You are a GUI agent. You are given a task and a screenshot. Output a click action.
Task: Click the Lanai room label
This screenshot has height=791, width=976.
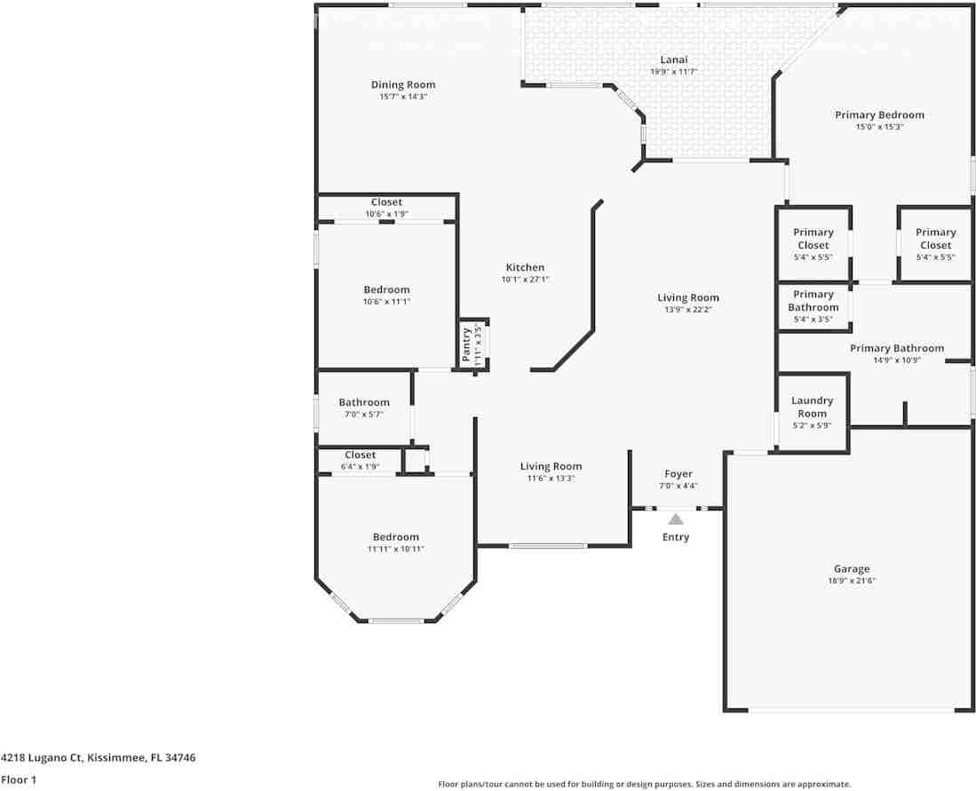coord(674,59)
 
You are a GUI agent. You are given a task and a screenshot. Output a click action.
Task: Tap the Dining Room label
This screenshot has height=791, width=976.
coord(403,85)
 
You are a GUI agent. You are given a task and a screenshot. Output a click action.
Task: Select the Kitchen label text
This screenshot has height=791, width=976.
coord(525,267)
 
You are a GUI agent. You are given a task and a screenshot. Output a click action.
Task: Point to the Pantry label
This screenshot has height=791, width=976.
coord(466,344)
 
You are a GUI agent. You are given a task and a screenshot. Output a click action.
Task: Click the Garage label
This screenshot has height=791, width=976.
coord(851,569)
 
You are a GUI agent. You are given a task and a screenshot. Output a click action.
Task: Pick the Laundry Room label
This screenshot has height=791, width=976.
coord(813,407)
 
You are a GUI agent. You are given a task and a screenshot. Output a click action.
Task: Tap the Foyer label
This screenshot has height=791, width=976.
coord(678,474)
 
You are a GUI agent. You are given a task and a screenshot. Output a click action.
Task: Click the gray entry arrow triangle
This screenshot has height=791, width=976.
coord(676,519)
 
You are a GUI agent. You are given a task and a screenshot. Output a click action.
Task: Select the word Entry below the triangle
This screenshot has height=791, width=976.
coord(676,537)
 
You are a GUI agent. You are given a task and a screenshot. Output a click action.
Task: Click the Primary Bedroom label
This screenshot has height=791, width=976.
coord(879,115)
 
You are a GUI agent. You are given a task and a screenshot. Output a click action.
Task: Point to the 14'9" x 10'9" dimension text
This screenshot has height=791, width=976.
coord(896,360)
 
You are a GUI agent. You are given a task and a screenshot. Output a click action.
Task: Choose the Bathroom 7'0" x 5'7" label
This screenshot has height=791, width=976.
coord(364,402)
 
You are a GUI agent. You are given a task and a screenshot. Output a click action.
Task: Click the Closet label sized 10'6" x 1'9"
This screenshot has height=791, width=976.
coord(386,202)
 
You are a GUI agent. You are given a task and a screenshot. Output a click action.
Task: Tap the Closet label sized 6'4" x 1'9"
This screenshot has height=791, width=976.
coord(361,455)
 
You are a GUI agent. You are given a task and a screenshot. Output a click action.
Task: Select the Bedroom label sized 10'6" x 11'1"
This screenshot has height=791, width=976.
coord(386,289)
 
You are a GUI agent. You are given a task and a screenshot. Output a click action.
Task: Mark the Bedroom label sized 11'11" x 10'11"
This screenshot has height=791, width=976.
coord(396,537)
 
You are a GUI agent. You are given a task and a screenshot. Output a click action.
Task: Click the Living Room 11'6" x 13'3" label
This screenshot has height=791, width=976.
coord(551,466)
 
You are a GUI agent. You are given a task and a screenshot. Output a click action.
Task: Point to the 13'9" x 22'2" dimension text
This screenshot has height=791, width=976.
coord(688,310)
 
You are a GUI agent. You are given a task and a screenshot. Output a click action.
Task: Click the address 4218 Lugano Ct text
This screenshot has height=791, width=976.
coord(98,757)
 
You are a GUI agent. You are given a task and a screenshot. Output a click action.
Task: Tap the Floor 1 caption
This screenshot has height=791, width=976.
coord(18,779)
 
